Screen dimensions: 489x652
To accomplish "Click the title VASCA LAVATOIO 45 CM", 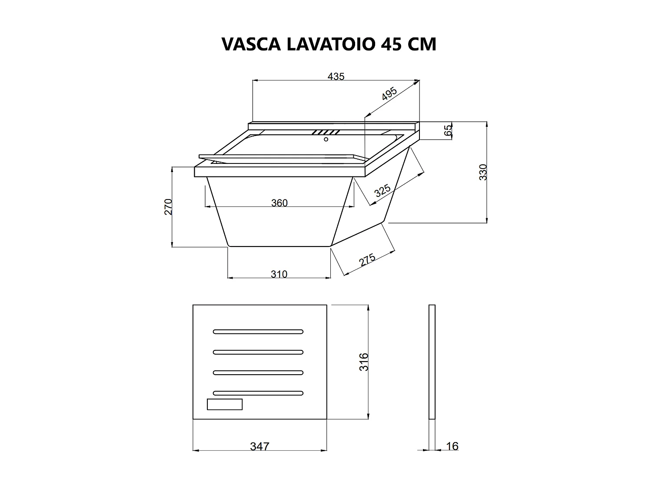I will click(x=329, y=44).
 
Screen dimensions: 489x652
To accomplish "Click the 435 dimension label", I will click(x=336, y=77).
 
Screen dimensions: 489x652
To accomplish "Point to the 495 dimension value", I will click(x=389, y=94).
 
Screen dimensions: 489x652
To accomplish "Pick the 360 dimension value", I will click(x=279, y=203).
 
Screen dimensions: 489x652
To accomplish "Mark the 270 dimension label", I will click(x=169, y=206).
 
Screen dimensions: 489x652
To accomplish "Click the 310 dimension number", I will click(x=279, y=274).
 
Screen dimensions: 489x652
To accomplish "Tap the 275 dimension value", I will click(x=367, y=260).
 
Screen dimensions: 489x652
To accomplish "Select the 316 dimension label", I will click(x=364, y=362).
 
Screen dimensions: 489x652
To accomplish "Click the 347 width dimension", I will click(x=259, y=446).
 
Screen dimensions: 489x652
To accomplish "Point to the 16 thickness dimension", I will click(x=452, y=446).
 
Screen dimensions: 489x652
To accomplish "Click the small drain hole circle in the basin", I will click(x=326, y=139).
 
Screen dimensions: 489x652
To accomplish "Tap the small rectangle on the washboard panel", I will click(x=224, y=404).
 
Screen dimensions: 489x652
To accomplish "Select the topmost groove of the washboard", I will click(x=258, y=332).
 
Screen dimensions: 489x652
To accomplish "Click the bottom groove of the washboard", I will click(x=258, y=393).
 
